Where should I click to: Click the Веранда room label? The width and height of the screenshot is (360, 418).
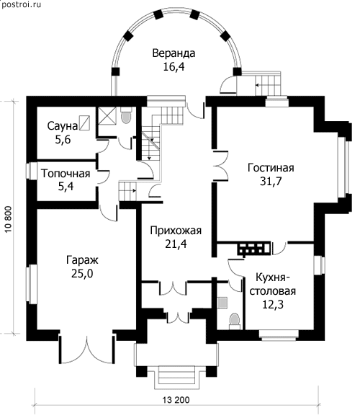[x=174, y=53]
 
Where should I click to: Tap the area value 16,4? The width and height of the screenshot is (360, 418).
[x=174, y=66]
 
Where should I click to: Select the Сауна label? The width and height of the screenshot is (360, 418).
[x=63, y=126]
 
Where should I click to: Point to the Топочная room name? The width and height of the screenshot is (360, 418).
[x=66, y=174]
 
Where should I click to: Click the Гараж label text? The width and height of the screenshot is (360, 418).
[x=82, y=260]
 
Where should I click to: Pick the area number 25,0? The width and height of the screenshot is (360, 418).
[x=82, y=274]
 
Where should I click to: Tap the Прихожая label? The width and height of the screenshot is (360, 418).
[x=176, y=231]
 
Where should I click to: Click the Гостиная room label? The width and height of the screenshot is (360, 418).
[x=271, y=168]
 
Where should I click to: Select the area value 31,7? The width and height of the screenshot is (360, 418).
[x=271, y=182]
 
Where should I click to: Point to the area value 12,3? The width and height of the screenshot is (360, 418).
[x=273, y=304]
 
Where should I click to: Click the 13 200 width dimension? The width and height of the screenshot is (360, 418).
[x=176, y=400]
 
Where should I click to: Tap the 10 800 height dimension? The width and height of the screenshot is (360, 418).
[x=8, y=219]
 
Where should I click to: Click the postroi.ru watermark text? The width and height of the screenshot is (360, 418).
[x=21, y=5]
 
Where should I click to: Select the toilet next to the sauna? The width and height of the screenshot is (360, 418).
[x=126, y=115]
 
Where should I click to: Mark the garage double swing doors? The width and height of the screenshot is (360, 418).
[x=87, y=348]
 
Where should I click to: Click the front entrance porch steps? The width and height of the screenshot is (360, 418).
[x=176, y=377]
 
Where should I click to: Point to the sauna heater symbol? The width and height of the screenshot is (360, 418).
[x=85, y=123]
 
